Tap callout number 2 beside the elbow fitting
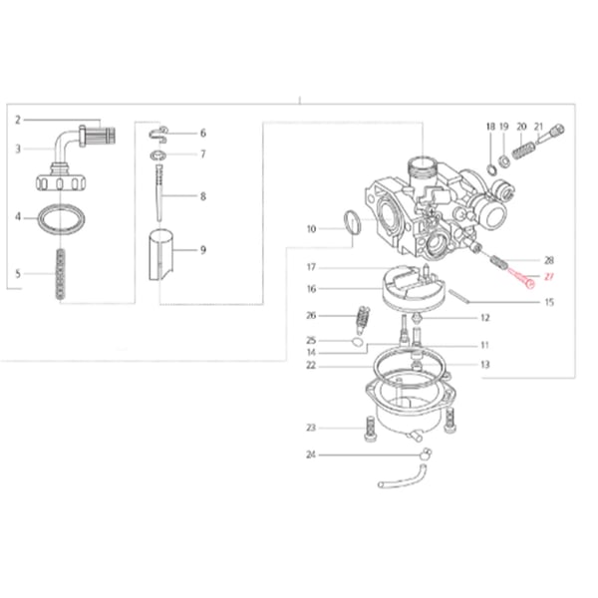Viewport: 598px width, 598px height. coord(18,120)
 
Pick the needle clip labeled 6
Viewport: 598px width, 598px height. coord(162,132)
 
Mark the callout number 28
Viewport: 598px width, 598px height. coord(548,259)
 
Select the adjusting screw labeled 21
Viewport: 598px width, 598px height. coord(554,130)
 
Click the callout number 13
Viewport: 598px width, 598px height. coord(484,365)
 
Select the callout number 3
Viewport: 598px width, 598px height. coord(18,149)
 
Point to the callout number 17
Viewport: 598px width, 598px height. coord(311,267)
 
